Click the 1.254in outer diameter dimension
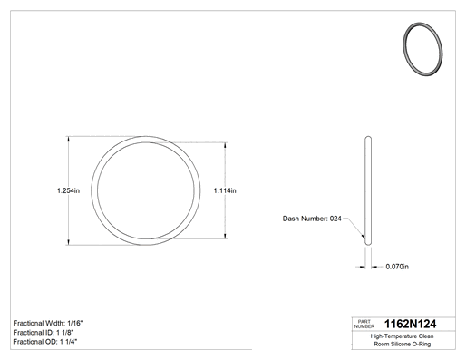(68, 190)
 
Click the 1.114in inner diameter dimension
(225, 190)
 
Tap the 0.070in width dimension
(397, 267)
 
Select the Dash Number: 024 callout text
(312, 219)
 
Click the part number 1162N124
(410, 324)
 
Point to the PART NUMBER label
(364, 324)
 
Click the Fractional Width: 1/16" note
(48, 323)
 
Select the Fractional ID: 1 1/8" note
(44, 333)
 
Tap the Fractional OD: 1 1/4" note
(45, 342)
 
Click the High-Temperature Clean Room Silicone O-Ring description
(402, 340)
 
